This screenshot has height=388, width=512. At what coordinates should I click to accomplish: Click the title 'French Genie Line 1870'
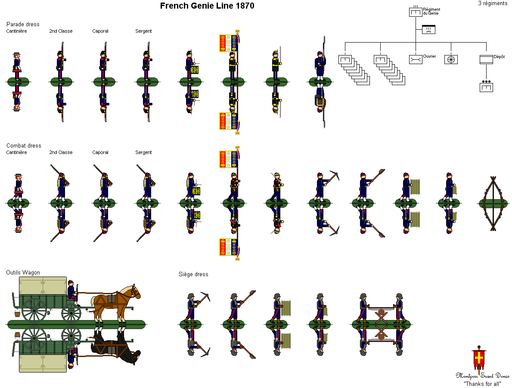(x=207, y=6)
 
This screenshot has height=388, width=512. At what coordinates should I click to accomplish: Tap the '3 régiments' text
(x=493, y=3)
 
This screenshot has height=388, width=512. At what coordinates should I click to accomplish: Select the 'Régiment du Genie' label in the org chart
(x=431, y=11)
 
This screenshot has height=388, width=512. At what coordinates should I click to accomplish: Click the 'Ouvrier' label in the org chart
(x=429, y=56)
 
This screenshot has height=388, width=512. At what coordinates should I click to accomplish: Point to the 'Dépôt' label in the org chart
(x=499, y=56)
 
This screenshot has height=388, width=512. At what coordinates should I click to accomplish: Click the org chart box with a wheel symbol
(x=451, y=60)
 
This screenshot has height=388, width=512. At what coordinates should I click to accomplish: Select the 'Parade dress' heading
(x=23, y=24)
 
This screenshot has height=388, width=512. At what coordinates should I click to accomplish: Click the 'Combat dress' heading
(x=24, y=145)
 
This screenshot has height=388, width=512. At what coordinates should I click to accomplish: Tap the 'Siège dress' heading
(x=193, y=274)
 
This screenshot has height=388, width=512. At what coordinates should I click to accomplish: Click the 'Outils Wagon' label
(x=23, y=272)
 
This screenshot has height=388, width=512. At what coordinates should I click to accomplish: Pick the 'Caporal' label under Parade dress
(x=100, y=31)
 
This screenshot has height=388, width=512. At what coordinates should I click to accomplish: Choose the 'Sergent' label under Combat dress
(x=143, y=152)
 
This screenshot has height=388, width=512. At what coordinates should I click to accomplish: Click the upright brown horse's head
(x=133, y=291)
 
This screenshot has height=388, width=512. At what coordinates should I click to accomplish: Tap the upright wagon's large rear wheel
(x=34, y=310)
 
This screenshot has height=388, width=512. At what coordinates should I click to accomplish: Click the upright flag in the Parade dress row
(x=228, y=43)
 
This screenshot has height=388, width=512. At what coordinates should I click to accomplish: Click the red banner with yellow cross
(x=478, y=359)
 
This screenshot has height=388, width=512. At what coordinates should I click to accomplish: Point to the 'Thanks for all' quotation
(x=482, y=383)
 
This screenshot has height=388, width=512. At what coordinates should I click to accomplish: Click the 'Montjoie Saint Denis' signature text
(x=482, y=376)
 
